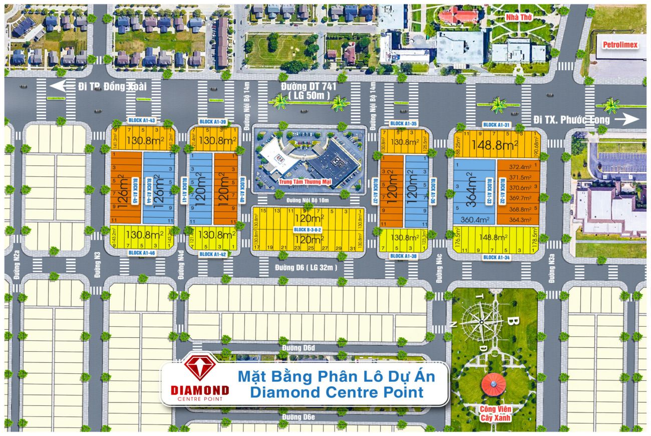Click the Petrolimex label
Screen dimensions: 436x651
(x=619, y=45)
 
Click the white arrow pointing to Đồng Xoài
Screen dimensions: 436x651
(x=59, y=86)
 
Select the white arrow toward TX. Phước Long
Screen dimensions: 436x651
(x=628, y=119)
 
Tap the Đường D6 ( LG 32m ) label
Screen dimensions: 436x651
(x=305, y=268)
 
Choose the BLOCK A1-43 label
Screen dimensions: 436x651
(x=128, y=121)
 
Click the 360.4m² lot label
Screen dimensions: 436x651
(x=473, y=220)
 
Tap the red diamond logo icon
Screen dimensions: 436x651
(x=199, y=367)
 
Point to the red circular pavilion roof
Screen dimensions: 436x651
(x=493, y=383)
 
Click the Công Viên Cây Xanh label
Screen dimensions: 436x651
(x=493, y=413)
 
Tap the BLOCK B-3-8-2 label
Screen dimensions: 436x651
(x=307, y=230)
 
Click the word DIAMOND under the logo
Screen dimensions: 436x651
(x=200, y=390)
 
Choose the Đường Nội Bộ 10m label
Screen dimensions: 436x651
(x=307, y=200)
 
